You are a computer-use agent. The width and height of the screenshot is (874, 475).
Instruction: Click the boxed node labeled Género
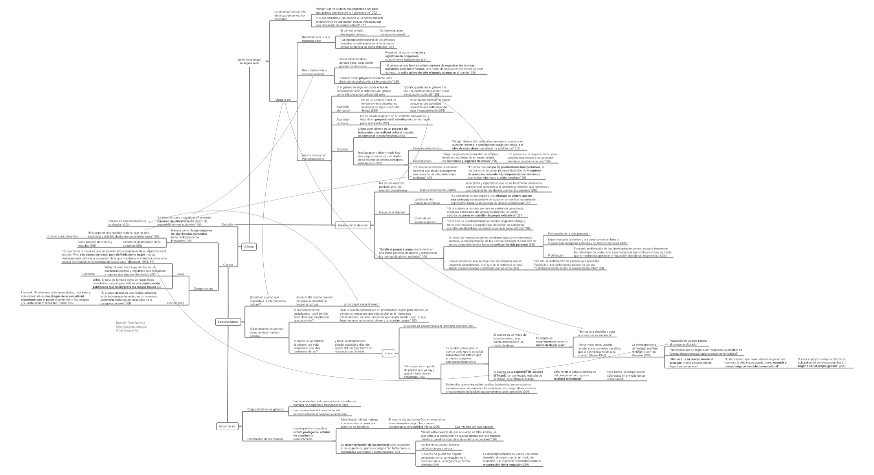click(x=249, y=247)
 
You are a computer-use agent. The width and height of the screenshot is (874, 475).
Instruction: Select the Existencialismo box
click(x=228, y=322)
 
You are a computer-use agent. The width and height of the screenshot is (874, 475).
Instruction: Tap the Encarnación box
click(x=227, y=426)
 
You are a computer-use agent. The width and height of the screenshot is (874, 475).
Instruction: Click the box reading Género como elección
click(x=353, y=225)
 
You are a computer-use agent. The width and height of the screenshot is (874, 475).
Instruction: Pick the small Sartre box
click(x=388, y=353)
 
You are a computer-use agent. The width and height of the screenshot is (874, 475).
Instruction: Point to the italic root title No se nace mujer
click(x=249, y=61)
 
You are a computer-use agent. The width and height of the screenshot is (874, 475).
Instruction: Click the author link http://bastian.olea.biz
click(x=131, y=326)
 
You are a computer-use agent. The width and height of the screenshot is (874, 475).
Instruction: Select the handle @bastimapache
click(x=127, y=330)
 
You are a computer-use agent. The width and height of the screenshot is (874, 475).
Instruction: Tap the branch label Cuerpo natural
click(x=204, y=289)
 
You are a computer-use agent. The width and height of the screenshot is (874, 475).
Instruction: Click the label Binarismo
click(x=88, y=274)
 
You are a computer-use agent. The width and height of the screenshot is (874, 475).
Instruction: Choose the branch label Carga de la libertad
click(x=391, y=212)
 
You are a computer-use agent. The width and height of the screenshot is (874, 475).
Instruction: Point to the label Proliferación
click(x=556, y=256)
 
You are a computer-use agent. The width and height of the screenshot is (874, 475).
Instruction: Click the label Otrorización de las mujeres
click(x=265, y=439)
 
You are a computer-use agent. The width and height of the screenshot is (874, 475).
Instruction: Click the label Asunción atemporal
click(x=343, y=109)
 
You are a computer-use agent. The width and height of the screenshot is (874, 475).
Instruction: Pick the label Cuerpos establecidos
click(x=427, y=148)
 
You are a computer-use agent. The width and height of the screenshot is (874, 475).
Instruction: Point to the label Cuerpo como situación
click(x=62, y=236)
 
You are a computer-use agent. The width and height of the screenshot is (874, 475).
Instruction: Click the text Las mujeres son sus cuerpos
click(x=474, y=427)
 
